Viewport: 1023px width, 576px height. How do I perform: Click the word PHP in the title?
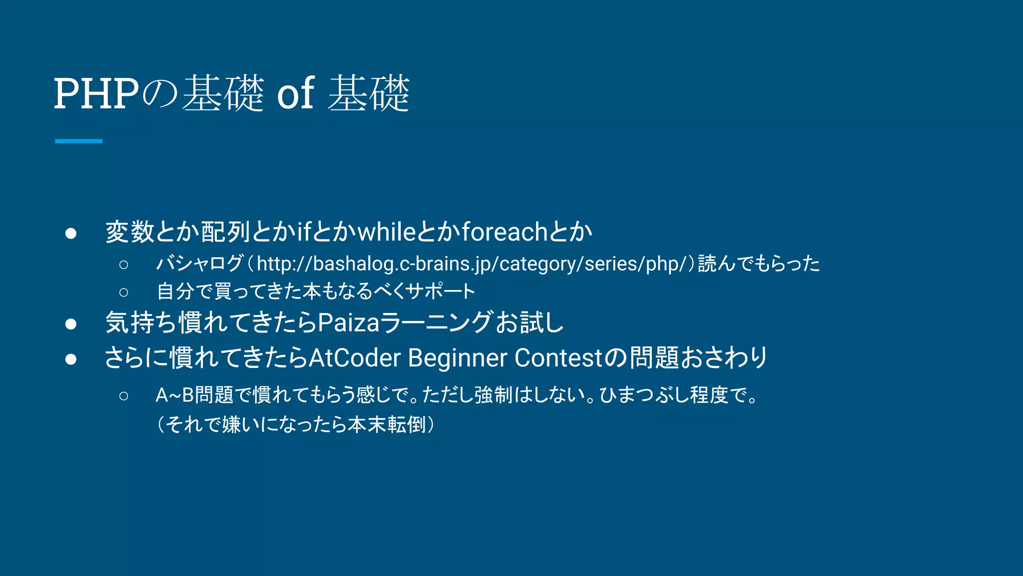96,93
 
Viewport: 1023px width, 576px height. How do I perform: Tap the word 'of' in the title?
296,93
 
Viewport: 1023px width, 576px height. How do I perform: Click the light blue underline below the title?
78,141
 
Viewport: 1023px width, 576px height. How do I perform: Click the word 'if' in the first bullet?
304,232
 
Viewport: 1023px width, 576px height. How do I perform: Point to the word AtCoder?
355,358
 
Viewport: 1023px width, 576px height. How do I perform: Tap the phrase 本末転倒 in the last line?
387,425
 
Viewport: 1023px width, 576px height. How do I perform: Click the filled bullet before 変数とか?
70,233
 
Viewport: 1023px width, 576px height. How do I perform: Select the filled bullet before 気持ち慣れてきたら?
70,324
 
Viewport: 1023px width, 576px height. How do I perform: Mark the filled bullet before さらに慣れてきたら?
70,359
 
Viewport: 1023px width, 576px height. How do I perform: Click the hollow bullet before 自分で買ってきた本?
124,292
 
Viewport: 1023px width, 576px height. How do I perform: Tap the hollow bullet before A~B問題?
124,396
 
